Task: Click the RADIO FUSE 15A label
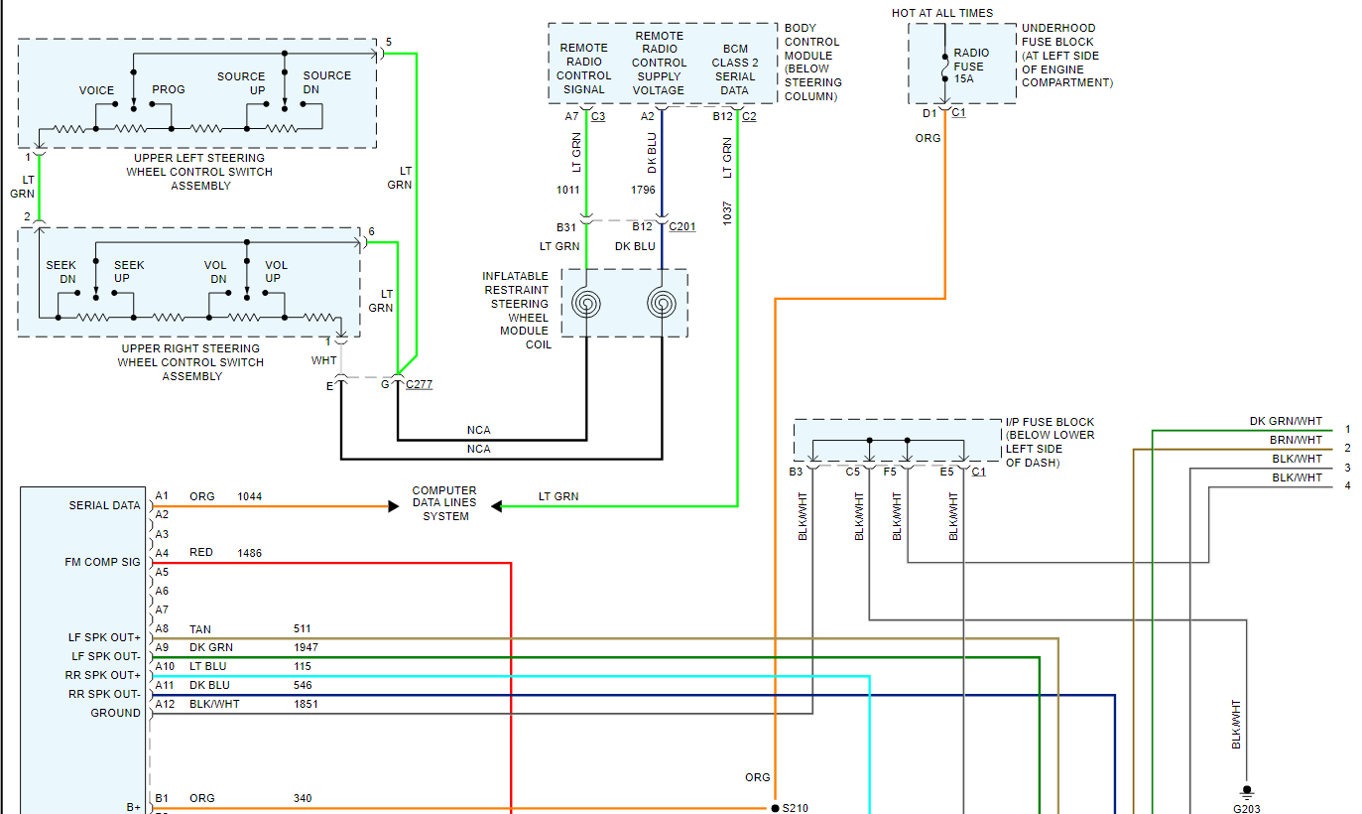tap(969, 67)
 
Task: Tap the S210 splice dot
tap(774, 808)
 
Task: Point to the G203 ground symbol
tap(1247, 793)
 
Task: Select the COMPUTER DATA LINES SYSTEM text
tap(444, 503)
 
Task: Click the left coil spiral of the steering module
tap(586, 302)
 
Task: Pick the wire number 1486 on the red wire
tap(249, 553)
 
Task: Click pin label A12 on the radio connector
tap(164, 704)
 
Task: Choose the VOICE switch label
tap(97, 90)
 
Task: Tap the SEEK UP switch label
tap(129, 272)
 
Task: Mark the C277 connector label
tap(419, 384)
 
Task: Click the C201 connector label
tap(682, 226)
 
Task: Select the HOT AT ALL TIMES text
tap(942, 13)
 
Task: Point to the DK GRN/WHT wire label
tap(1286, 422)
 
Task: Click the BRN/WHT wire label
tap(1296, 440)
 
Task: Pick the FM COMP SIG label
tap(102, 562)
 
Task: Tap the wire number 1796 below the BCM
tap(643, 189)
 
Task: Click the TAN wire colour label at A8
tap(200, 629)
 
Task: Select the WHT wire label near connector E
tap(323, 360)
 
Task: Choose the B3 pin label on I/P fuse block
tap(796, 472)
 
